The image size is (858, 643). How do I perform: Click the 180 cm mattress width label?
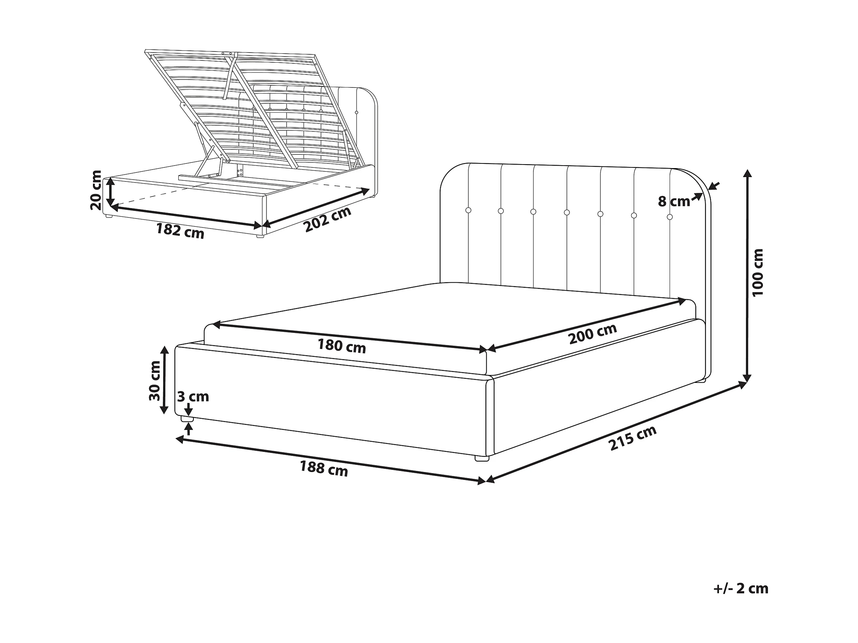[x=342, y=345]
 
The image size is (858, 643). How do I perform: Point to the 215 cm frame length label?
[x=633, y=438]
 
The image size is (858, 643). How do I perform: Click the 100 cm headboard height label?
[x=757, y=273]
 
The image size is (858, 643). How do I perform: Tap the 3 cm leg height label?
[x=193, y=396]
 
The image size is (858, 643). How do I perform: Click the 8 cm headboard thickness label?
[x=674, y=202]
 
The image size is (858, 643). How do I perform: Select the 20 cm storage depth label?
[x=95, y=190]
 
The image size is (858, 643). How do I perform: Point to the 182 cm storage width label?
[x=180, y=231]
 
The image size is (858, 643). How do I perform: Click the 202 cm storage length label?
[x=327, y=219]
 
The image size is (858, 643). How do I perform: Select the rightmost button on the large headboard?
[x=670, y=217]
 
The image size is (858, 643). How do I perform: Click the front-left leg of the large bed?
[x=187, y=419]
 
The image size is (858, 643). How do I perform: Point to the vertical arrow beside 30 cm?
[x=165, y=380]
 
